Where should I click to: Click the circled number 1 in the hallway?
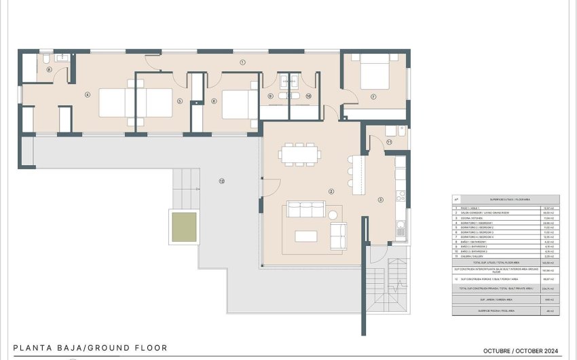(x=242, y=62)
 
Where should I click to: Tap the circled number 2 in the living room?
(x=331, y=192)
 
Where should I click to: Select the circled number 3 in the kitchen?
(x=380, y=199)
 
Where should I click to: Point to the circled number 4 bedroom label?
(x=88, y=94)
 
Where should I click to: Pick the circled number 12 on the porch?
(x=221, y=181)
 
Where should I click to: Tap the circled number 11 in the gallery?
(x=389, y=142)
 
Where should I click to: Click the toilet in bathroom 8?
(x=43, y=62)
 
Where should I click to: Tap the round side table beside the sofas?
(x=333, y=215)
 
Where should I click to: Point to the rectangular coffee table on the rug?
(x=305, y=236)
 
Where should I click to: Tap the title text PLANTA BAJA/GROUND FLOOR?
(x=90, y=348)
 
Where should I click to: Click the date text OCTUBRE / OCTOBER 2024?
(x=520, y=350)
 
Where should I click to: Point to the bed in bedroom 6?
(x=239, y=104)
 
